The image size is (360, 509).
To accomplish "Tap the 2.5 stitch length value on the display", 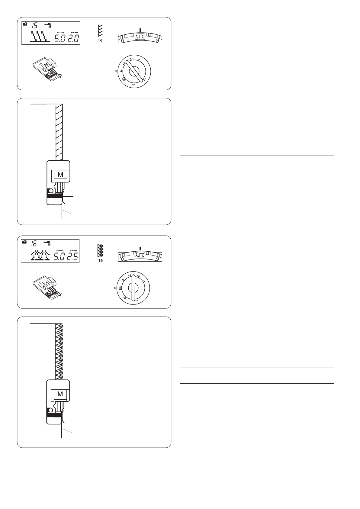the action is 73,256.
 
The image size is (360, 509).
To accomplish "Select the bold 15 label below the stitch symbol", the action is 100,41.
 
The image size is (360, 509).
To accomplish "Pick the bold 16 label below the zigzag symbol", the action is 100,260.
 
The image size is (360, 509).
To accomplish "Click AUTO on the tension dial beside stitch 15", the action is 140,37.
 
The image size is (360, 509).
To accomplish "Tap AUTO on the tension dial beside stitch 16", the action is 140,255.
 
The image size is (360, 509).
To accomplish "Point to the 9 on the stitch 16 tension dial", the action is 157,259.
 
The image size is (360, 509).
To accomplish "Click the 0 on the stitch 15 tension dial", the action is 122,41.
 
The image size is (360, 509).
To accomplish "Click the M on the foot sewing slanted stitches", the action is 60,175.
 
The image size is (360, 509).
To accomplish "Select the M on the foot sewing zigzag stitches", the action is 60,394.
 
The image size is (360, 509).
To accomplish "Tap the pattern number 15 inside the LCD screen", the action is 34,25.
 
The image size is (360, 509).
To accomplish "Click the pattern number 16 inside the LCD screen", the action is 34,243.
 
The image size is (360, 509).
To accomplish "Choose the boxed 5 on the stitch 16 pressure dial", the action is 121,288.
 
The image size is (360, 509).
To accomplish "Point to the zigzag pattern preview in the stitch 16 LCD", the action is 40,256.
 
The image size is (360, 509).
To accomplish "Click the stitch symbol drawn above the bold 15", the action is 100,31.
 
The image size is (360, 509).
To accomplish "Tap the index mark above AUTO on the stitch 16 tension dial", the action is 140,248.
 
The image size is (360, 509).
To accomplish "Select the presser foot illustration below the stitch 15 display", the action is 47,69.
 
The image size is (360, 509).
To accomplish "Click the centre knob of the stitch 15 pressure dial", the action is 134,71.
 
